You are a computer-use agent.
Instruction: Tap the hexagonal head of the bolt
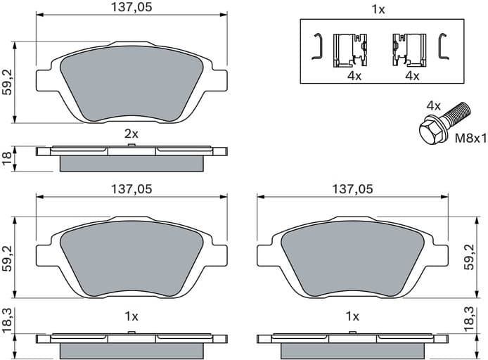point(430,131)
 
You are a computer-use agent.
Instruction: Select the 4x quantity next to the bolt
point(433,105)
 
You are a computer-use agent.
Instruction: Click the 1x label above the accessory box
point(378,9)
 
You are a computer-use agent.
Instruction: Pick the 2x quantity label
point(131,133)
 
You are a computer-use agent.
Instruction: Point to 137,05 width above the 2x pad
point(131,8)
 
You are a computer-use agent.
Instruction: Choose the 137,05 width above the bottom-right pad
point(352,189)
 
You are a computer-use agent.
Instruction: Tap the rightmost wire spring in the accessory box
point(443,46)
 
